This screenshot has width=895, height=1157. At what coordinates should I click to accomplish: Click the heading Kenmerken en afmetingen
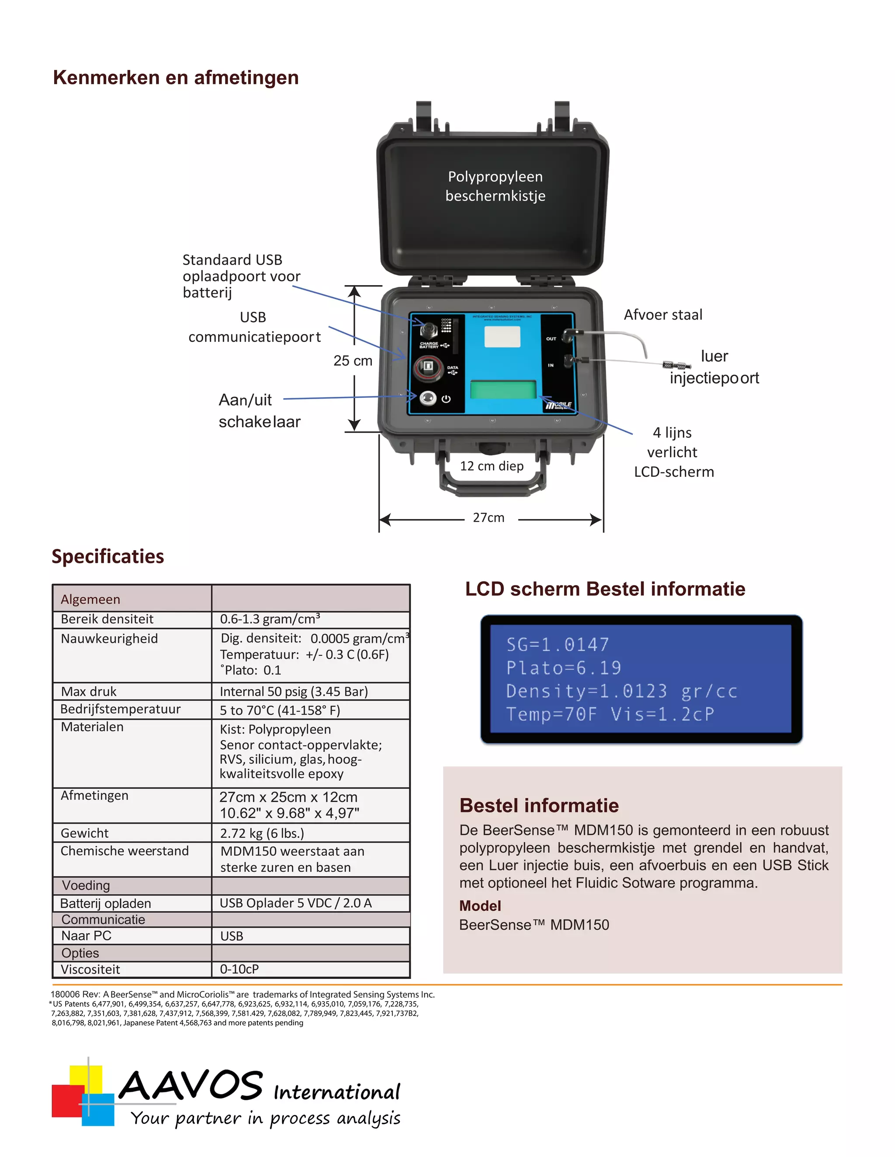click(176, 77)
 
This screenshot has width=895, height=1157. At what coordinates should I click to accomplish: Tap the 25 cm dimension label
click(353, 361)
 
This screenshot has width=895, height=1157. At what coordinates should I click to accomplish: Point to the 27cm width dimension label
click(488, 517)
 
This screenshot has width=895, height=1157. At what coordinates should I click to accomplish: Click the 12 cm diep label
click(492, 466)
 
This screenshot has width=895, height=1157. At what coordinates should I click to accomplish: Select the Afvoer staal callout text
click(663, 315)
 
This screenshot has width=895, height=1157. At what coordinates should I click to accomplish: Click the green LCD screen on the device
click(503, 389)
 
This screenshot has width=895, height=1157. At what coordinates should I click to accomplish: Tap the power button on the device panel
click(428, 398)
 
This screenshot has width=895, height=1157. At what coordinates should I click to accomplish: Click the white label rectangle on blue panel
click(502, 337)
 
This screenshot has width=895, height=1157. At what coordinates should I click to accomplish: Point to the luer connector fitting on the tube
click(676, 365)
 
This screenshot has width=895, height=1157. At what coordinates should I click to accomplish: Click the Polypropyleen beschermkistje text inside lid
click(495, 186)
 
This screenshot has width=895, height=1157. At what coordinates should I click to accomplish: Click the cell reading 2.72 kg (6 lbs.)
click(262, 833)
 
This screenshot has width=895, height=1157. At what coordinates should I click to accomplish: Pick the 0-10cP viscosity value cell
click(239, 969)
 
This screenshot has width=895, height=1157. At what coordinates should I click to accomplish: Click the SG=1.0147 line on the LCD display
click(558, 645)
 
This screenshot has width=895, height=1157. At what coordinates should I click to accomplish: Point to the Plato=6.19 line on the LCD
click(564, 668)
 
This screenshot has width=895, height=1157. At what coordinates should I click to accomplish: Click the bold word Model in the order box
click(480, 906)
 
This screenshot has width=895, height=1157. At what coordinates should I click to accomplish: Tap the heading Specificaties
click(108, 557)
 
